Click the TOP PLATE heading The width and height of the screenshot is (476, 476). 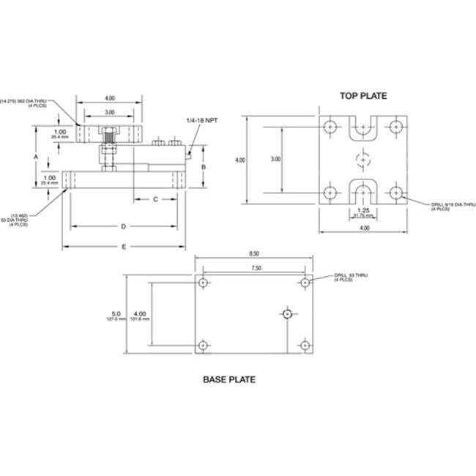click(363, 96)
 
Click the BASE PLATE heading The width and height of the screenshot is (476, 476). click(228, 380)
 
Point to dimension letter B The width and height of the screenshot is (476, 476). click(204, 167)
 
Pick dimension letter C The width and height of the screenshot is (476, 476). click(155, 199)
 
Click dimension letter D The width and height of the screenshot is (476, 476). click(123, 226)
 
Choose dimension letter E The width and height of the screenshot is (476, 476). click(123, 247)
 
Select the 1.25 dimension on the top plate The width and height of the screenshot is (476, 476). click(363, 209)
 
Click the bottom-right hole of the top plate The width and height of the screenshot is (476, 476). click(396, 193)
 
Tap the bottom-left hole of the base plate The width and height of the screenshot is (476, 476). click(203, 345)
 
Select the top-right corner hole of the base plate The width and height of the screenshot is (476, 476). click(304, 282)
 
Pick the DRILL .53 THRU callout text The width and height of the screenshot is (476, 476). click(352, 277)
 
